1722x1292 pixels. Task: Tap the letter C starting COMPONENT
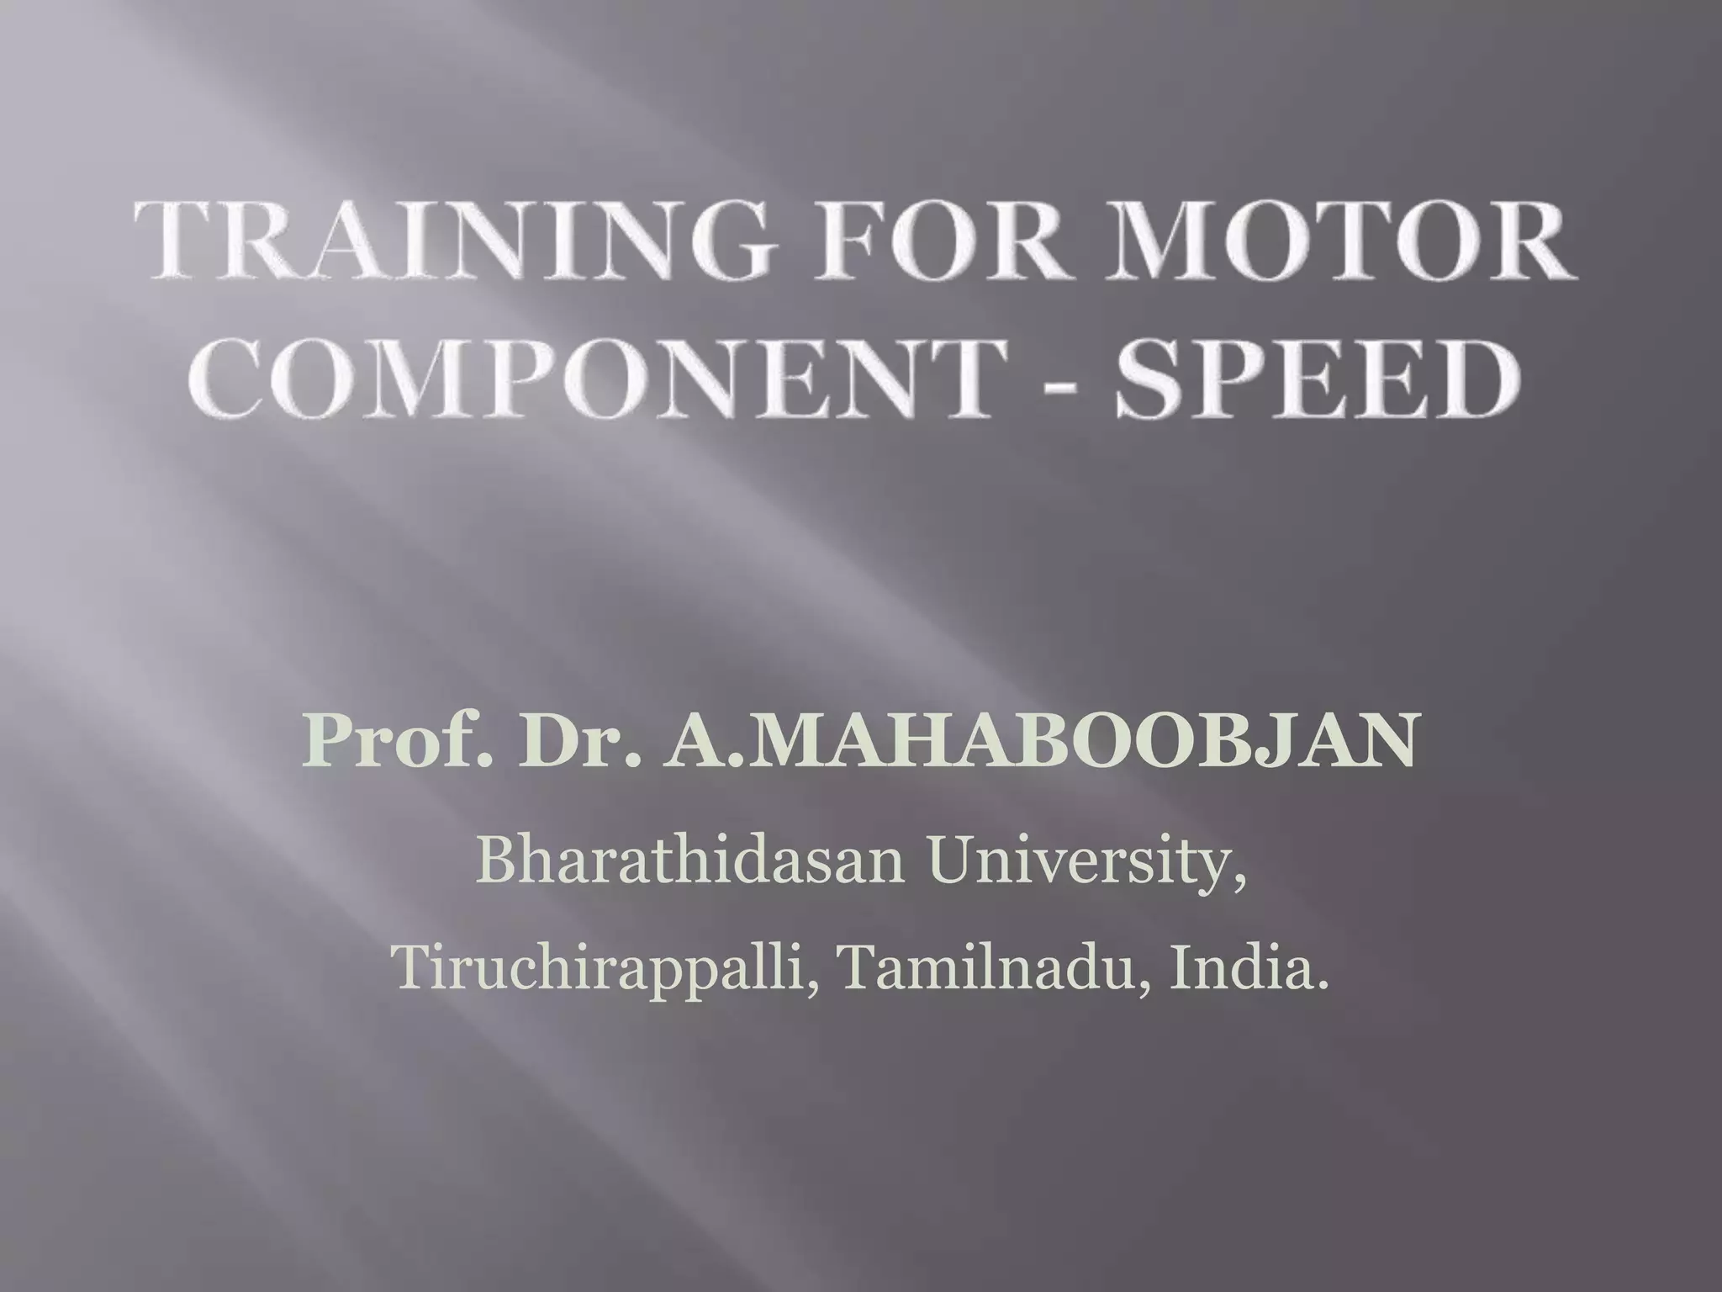point(230,377)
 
